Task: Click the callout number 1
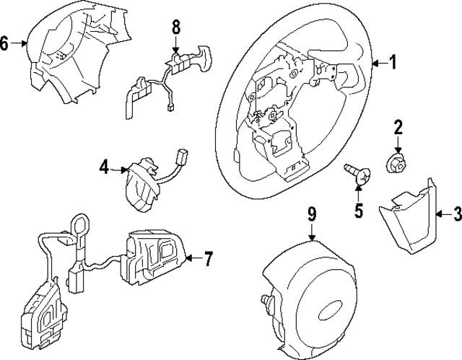pyautogui.click(x=394, y=63)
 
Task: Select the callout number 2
pyautogui.click(x=397, y=128)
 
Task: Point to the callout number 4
pyautogui.click(x=104, y=169)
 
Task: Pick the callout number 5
pyautogui.click(x=359, y=212)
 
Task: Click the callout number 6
pyautogui.click(x=6, y=44)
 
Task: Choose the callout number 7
pyautogui.click(x=208, y=256)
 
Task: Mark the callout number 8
pyautogui.click(x=175, y=27)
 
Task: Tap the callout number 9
pyautogui.click(x=312, y=213)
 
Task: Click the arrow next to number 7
pyautogui.click(x=191, y=256)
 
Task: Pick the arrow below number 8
pyautogui.click(x=175, y=45)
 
